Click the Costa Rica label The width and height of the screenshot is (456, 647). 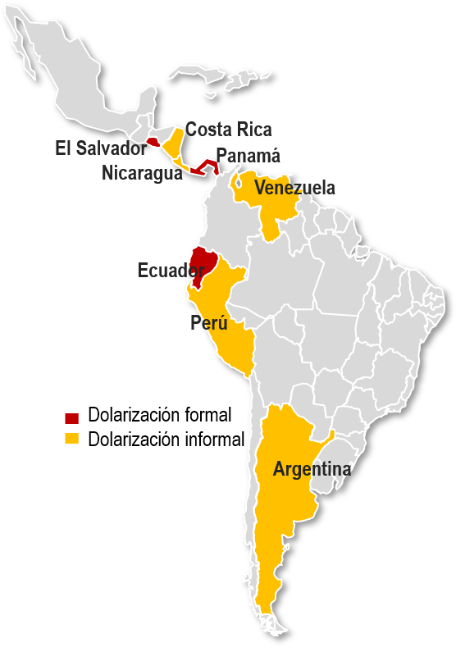pyautogui.click(x=228, y=130)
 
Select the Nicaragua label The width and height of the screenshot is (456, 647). pyautogui.click(x=142, y=173)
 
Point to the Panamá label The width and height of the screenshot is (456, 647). pyautogui.click(x=249, y=156)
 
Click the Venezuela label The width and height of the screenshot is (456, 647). pyautogui.click(x=294, y=189)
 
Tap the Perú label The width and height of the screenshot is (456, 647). pyautogui.click(x=208, y=322)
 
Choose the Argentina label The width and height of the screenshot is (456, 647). pyautogui.click(x=312, y=470)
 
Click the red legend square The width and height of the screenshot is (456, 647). pyautogui.click(x=72, y=416)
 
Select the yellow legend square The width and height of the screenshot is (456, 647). pyautogui.click(x=72, y=440)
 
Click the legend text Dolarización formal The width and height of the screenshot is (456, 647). pyautogui.click(x=160, y=414)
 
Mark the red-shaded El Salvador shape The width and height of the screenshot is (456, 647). pyautogui.click(x=153, y=142)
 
